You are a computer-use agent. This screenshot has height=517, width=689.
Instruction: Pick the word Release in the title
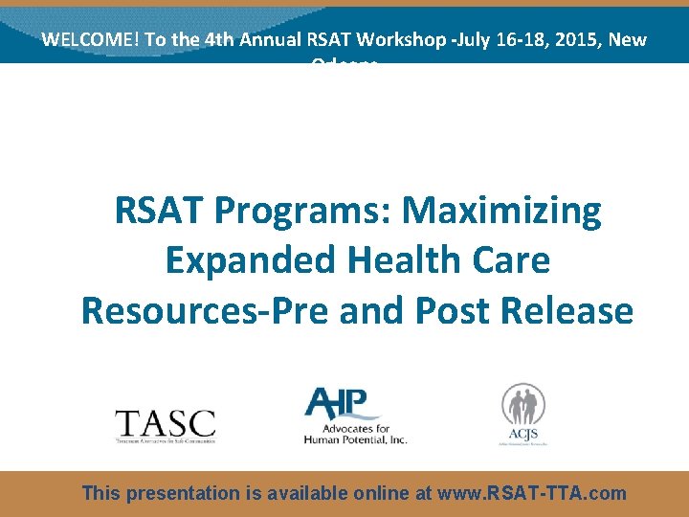click(573, 310)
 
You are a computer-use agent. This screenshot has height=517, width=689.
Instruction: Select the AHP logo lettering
click(342, 402)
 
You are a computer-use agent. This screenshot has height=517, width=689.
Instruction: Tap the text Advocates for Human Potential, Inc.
click(355, 433)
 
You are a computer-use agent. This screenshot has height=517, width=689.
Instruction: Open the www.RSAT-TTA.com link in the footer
click(531, 494)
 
